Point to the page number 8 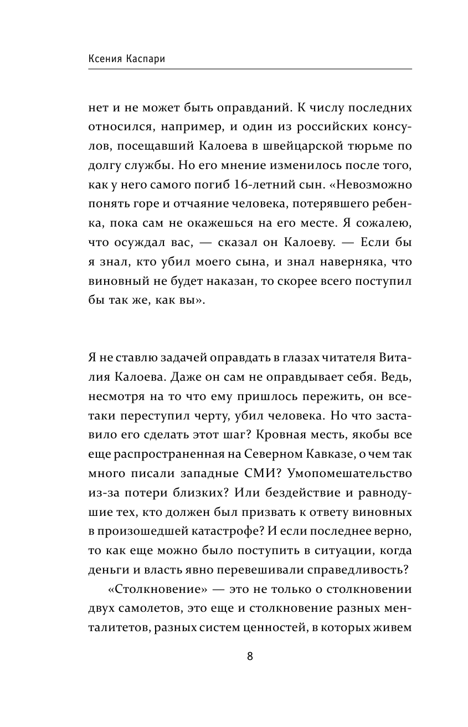[250, 657]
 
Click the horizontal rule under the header [250, 69]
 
